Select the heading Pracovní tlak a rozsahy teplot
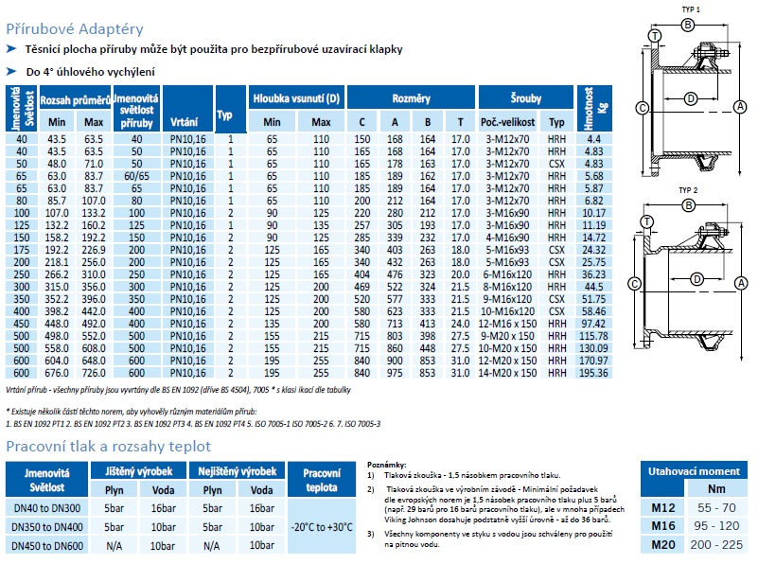[x=108, y=446]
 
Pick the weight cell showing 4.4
[x=594, y=139]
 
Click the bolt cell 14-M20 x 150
[x=509, y=373]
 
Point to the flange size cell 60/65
[x=136, y=176]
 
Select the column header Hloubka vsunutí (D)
[x=296, y=98]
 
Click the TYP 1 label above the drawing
[x=690, y=8]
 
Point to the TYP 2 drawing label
[x=689, y=189]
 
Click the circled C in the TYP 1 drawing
[x=641, y=109]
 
